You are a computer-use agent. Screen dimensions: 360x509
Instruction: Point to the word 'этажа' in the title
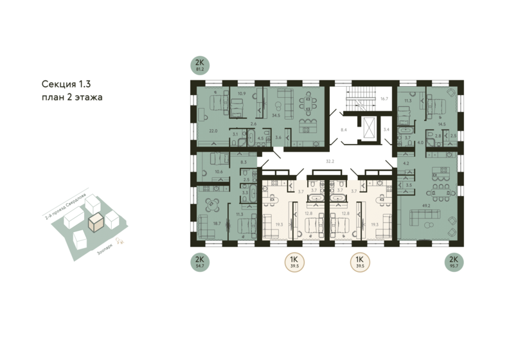pos(86,97)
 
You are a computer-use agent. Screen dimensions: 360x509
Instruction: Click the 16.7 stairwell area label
pos(384,99)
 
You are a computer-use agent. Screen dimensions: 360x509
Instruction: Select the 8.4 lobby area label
pos(344,130)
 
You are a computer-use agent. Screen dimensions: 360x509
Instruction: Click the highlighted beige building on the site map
pos(96,222)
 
